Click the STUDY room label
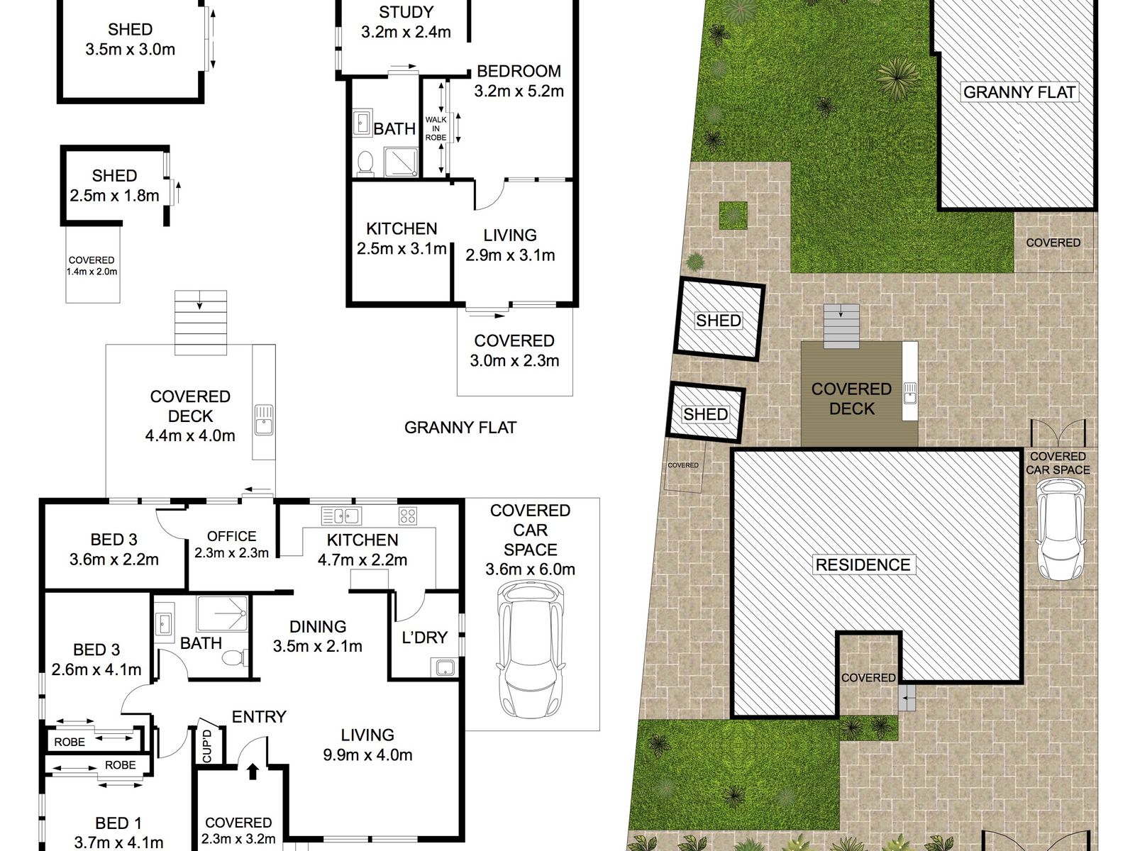coord(406,13)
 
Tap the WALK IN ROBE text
coord(436,128)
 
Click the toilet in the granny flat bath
coord(365,162)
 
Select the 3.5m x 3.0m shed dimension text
coord(130,50)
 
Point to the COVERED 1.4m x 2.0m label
coord(92,266)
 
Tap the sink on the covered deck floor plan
coord(263,420)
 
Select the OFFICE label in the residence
coord(231,537)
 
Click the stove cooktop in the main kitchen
coord(407,516)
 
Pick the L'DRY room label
coord(424,638)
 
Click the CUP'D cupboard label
coord(207,747)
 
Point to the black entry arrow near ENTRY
coord(253,771)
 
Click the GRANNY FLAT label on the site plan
coord(1019,92)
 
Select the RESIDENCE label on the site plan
coord(863,564)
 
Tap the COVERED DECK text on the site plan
coord(851,399)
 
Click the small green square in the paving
coord(734,215)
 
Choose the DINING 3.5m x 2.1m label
coord(318,636)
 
